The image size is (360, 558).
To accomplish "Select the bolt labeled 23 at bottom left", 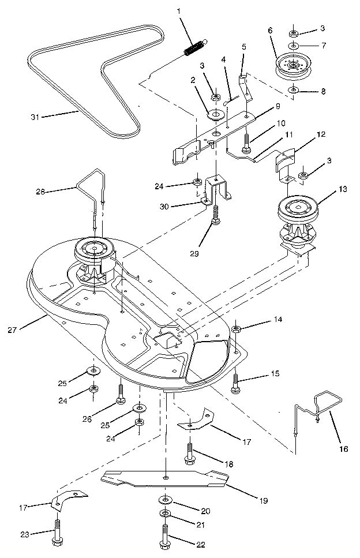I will point(58,531).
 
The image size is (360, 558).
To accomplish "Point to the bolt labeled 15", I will point(236,383).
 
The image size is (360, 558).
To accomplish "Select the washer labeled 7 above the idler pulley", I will point(294,45).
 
